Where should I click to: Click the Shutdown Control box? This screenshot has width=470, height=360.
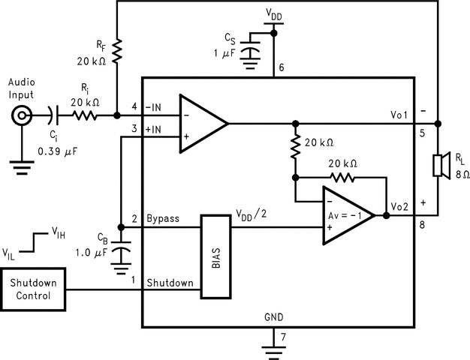33,289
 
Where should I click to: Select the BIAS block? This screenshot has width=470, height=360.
215,256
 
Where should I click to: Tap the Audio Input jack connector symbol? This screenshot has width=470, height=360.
22,115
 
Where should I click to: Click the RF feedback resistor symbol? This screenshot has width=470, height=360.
117,51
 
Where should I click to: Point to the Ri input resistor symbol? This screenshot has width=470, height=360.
85,115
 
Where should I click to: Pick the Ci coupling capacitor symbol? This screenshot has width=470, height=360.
53,115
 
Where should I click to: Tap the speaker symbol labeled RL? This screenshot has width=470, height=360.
441,165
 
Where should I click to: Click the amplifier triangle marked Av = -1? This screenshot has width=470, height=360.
348,216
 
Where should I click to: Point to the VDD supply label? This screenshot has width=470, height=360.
274,14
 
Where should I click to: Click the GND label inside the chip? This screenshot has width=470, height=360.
274,316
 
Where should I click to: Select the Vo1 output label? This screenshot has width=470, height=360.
399,115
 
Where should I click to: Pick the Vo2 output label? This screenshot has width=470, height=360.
399,207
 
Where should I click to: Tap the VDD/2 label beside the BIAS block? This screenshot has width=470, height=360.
252,215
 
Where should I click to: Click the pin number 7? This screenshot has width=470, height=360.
283,337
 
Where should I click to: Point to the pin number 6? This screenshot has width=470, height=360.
281,67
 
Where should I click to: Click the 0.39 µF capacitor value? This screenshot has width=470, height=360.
57,151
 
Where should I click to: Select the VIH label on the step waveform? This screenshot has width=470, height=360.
59,232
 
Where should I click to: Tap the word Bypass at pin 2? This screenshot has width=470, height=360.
163,219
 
